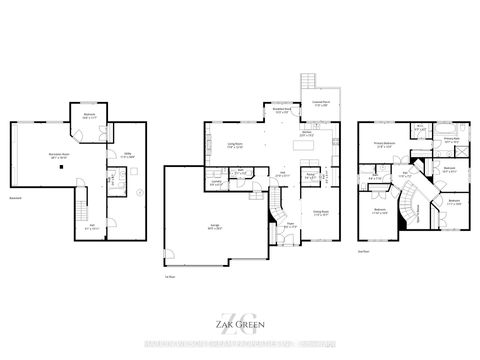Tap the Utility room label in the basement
(127, 156)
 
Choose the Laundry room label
(215, 183)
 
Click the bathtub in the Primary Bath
(445, 129)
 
